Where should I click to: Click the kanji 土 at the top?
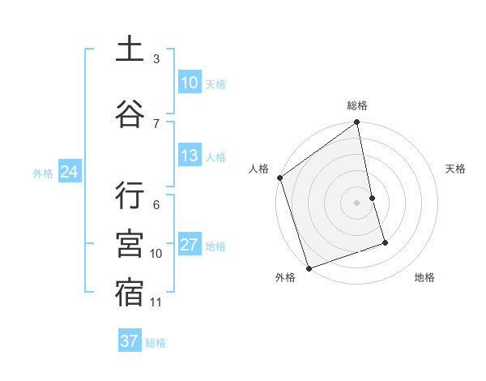point(130,49)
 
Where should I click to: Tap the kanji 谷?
point(130,113)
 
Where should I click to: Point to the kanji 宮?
point(130,245)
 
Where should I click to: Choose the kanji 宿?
point(130,293)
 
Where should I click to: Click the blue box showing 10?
point(189,83)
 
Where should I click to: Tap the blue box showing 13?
point(189,156)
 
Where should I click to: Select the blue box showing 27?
point(189,245)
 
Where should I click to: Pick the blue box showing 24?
point(69,172)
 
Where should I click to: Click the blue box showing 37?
point(130,341)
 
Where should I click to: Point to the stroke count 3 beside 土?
point(156,59)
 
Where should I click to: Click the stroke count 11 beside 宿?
point(156,302)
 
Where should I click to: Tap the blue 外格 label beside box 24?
point(43,173)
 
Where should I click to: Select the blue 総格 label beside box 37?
point(156,343)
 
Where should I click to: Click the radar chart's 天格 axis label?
point(456,169)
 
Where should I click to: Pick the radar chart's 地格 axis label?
point(424,277)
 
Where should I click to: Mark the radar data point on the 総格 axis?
point(356,123)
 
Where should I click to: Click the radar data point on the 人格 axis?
point(280,178)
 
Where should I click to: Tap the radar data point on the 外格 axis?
point(309,268)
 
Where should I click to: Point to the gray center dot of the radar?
point(356,202)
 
